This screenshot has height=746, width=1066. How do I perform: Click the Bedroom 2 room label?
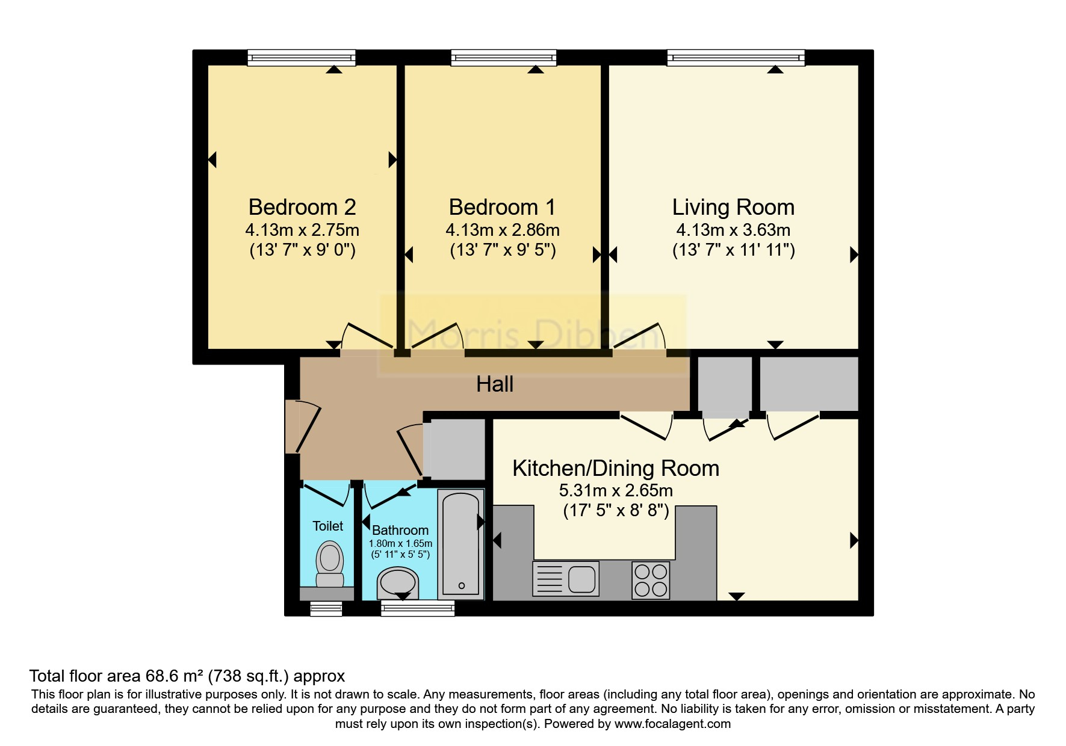[x=302, y=207]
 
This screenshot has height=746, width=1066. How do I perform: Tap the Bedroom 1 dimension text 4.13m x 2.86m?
[x=502, y=230]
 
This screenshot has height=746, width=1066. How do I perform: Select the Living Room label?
[x=733, y=207]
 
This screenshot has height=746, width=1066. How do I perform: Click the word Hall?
[x=495, y=384]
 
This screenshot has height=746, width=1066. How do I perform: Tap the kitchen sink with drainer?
[x=565, y=579]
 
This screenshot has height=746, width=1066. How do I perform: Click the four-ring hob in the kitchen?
[x=651, y=579]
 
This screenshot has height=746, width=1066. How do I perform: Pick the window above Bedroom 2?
[x=301, y=58]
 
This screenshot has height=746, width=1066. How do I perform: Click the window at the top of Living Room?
[x=736, y=58]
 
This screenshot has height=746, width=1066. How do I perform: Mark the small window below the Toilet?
[x=326, y=609]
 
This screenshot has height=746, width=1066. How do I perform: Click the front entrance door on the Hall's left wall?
[x=299, y=426]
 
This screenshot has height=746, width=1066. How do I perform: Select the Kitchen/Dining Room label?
[x=615, y=468]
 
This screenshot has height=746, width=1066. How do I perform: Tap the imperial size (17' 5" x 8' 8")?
[x=616, y=511]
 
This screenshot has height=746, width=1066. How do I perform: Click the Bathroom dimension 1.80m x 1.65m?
[x=400, y=543]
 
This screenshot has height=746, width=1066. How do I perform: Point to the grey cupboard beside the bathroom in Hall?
[x=455, y=448]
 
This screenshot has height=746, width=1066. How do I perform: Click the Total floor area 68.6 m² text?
[x=187, y=676]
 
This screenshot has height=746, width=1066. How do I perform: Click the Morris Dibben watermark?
[x=533, y=334]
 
